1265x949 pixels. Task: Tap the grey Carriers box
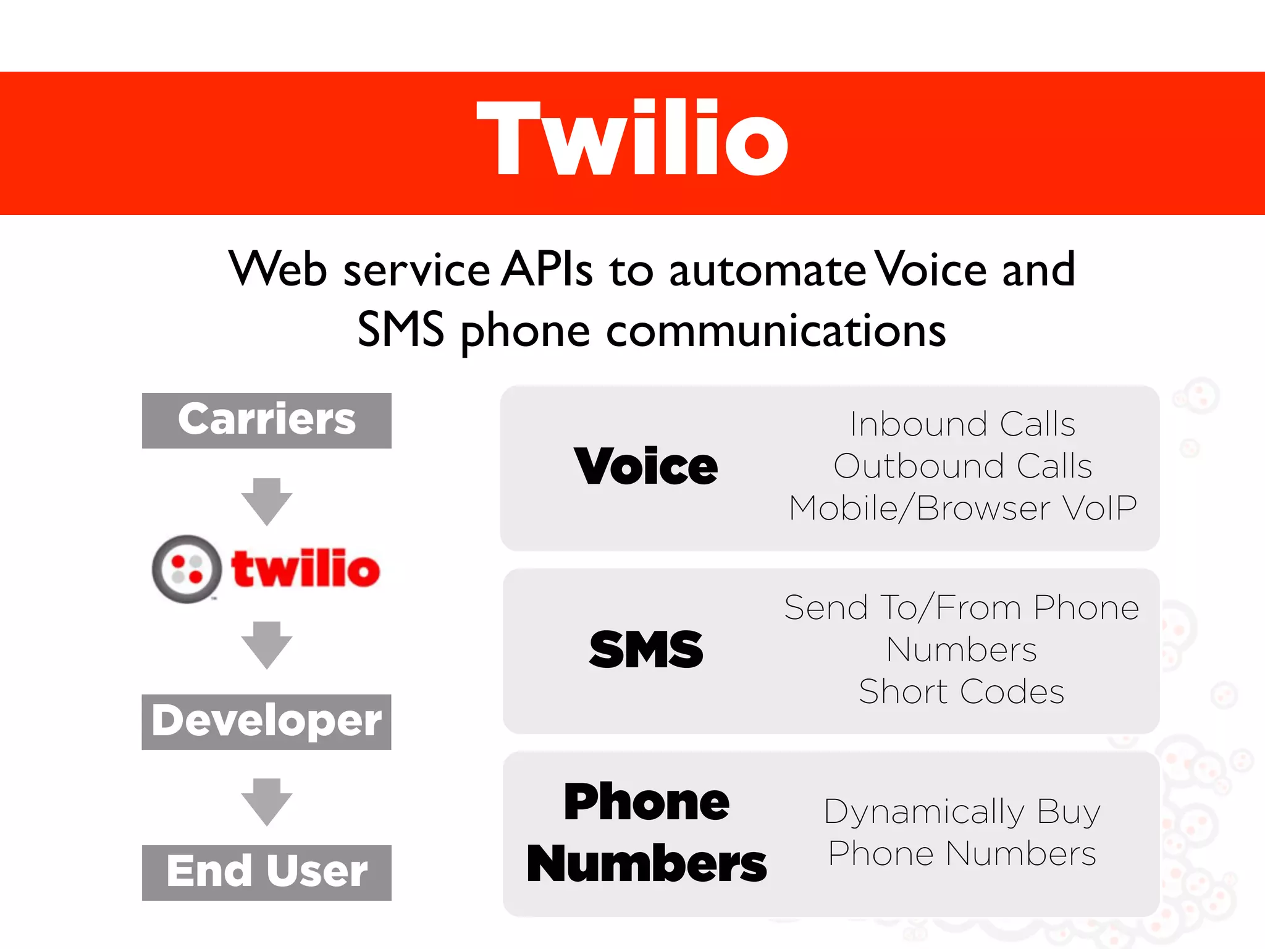[267, 420]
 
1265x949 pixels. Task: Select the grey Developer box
[267, 722]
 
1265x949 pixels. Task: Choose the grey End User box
[267, 872]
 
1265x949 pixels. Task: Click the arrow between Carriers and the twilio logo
[267, 500]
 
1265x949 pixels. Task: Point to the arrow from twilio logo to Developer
[267, 644]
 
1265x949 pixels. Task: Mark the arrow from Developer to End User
[267, 801]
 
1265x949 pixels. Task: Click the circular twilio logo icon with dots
[187, 568]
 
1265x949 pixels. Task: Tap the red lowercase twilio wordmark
[306, 568]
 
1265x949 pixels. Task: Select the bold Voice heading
[646, 466]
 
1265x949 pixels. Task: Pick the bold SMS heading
[646, 649]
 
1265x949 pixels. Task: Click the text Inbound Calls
[962, 424]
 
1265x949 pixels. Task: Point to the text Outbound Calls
[962, 466]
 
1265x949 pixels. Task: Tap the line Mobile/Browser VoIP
[962, 508]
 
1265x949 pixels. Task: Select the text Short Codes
[962, 691]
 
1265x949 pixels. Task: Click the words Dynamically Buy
[962, 812]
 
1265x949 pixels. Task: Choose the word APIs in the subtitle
[547, 270]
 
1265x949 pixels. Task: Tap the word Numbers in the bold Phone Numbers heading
[646, 864]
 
